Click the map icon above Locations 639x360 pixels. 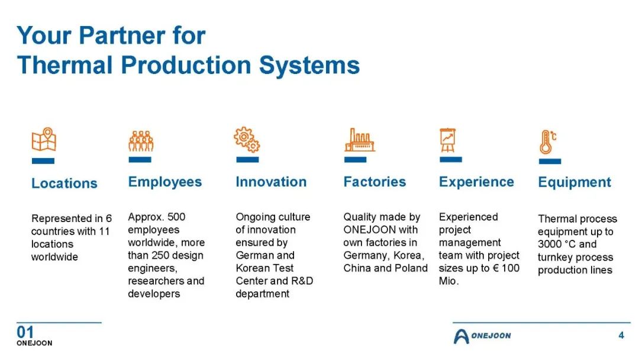pos(44,139)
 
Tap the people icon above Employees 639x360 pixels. pos(141,141)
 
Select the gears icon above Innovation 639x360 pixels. pos(247,139)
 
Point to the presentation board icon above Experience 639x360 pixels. pos(447,140)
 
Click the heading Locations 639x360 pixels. pos(64,184)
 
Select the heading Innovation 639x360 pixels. pos(271,182)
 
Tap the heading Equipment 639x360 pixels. pos(575,182)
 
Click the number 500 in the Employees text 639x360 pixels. pos(176,217)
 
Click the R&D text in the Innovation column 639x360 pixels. pos(302,281)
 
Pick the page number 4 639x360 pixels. pos(621,336)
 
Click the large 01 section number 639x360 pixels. pos(25,332)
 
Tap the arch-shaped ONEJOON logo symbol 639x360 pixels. pos(461,336)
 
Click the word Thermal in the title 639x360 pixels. pos(65,65)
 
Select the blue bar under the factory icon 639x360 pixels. pos(356,160)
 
